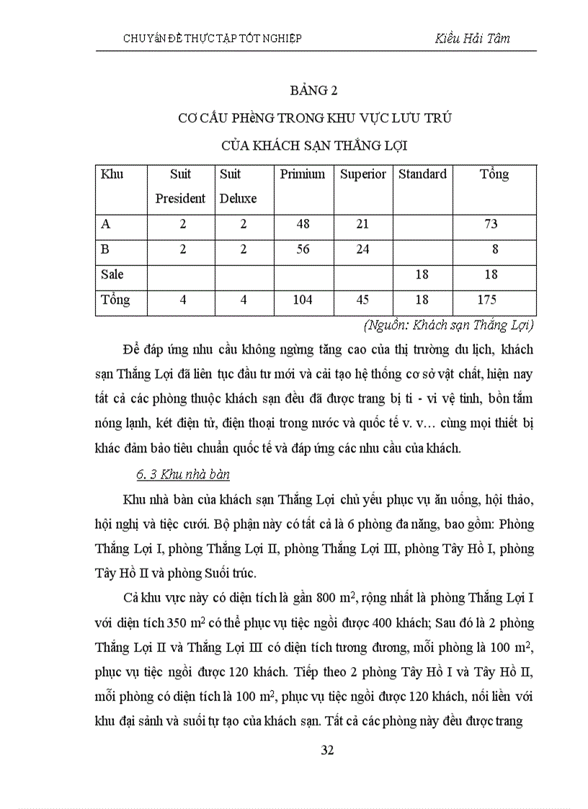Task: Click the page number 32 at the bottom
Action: (x=327, y=750)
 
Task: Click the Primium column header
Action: (x=303, y=174)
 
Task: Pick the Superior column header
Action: (x=363, y=174)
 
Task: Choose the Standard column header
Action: (x=422, y=174)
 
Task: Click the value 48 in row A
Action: (x=303, y=224)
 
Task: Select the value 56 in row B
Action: (x=303, y=249)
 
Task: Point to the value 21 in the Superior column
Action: (x=362, y=224)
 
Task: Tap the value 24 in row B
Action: (x=362, y=249)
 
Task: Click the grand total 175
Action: (x=489, y=300)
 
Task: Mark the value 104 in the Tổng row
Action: (x=303, y=300)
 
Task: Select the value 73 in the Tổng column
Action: (x=491, y=224)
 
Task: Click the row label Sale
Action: (x=112, y=274)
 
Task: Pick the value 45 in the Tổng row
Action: (x=362, y=300)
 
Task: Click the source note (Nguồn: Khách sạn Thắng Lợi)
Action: (x=449, y=325)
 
